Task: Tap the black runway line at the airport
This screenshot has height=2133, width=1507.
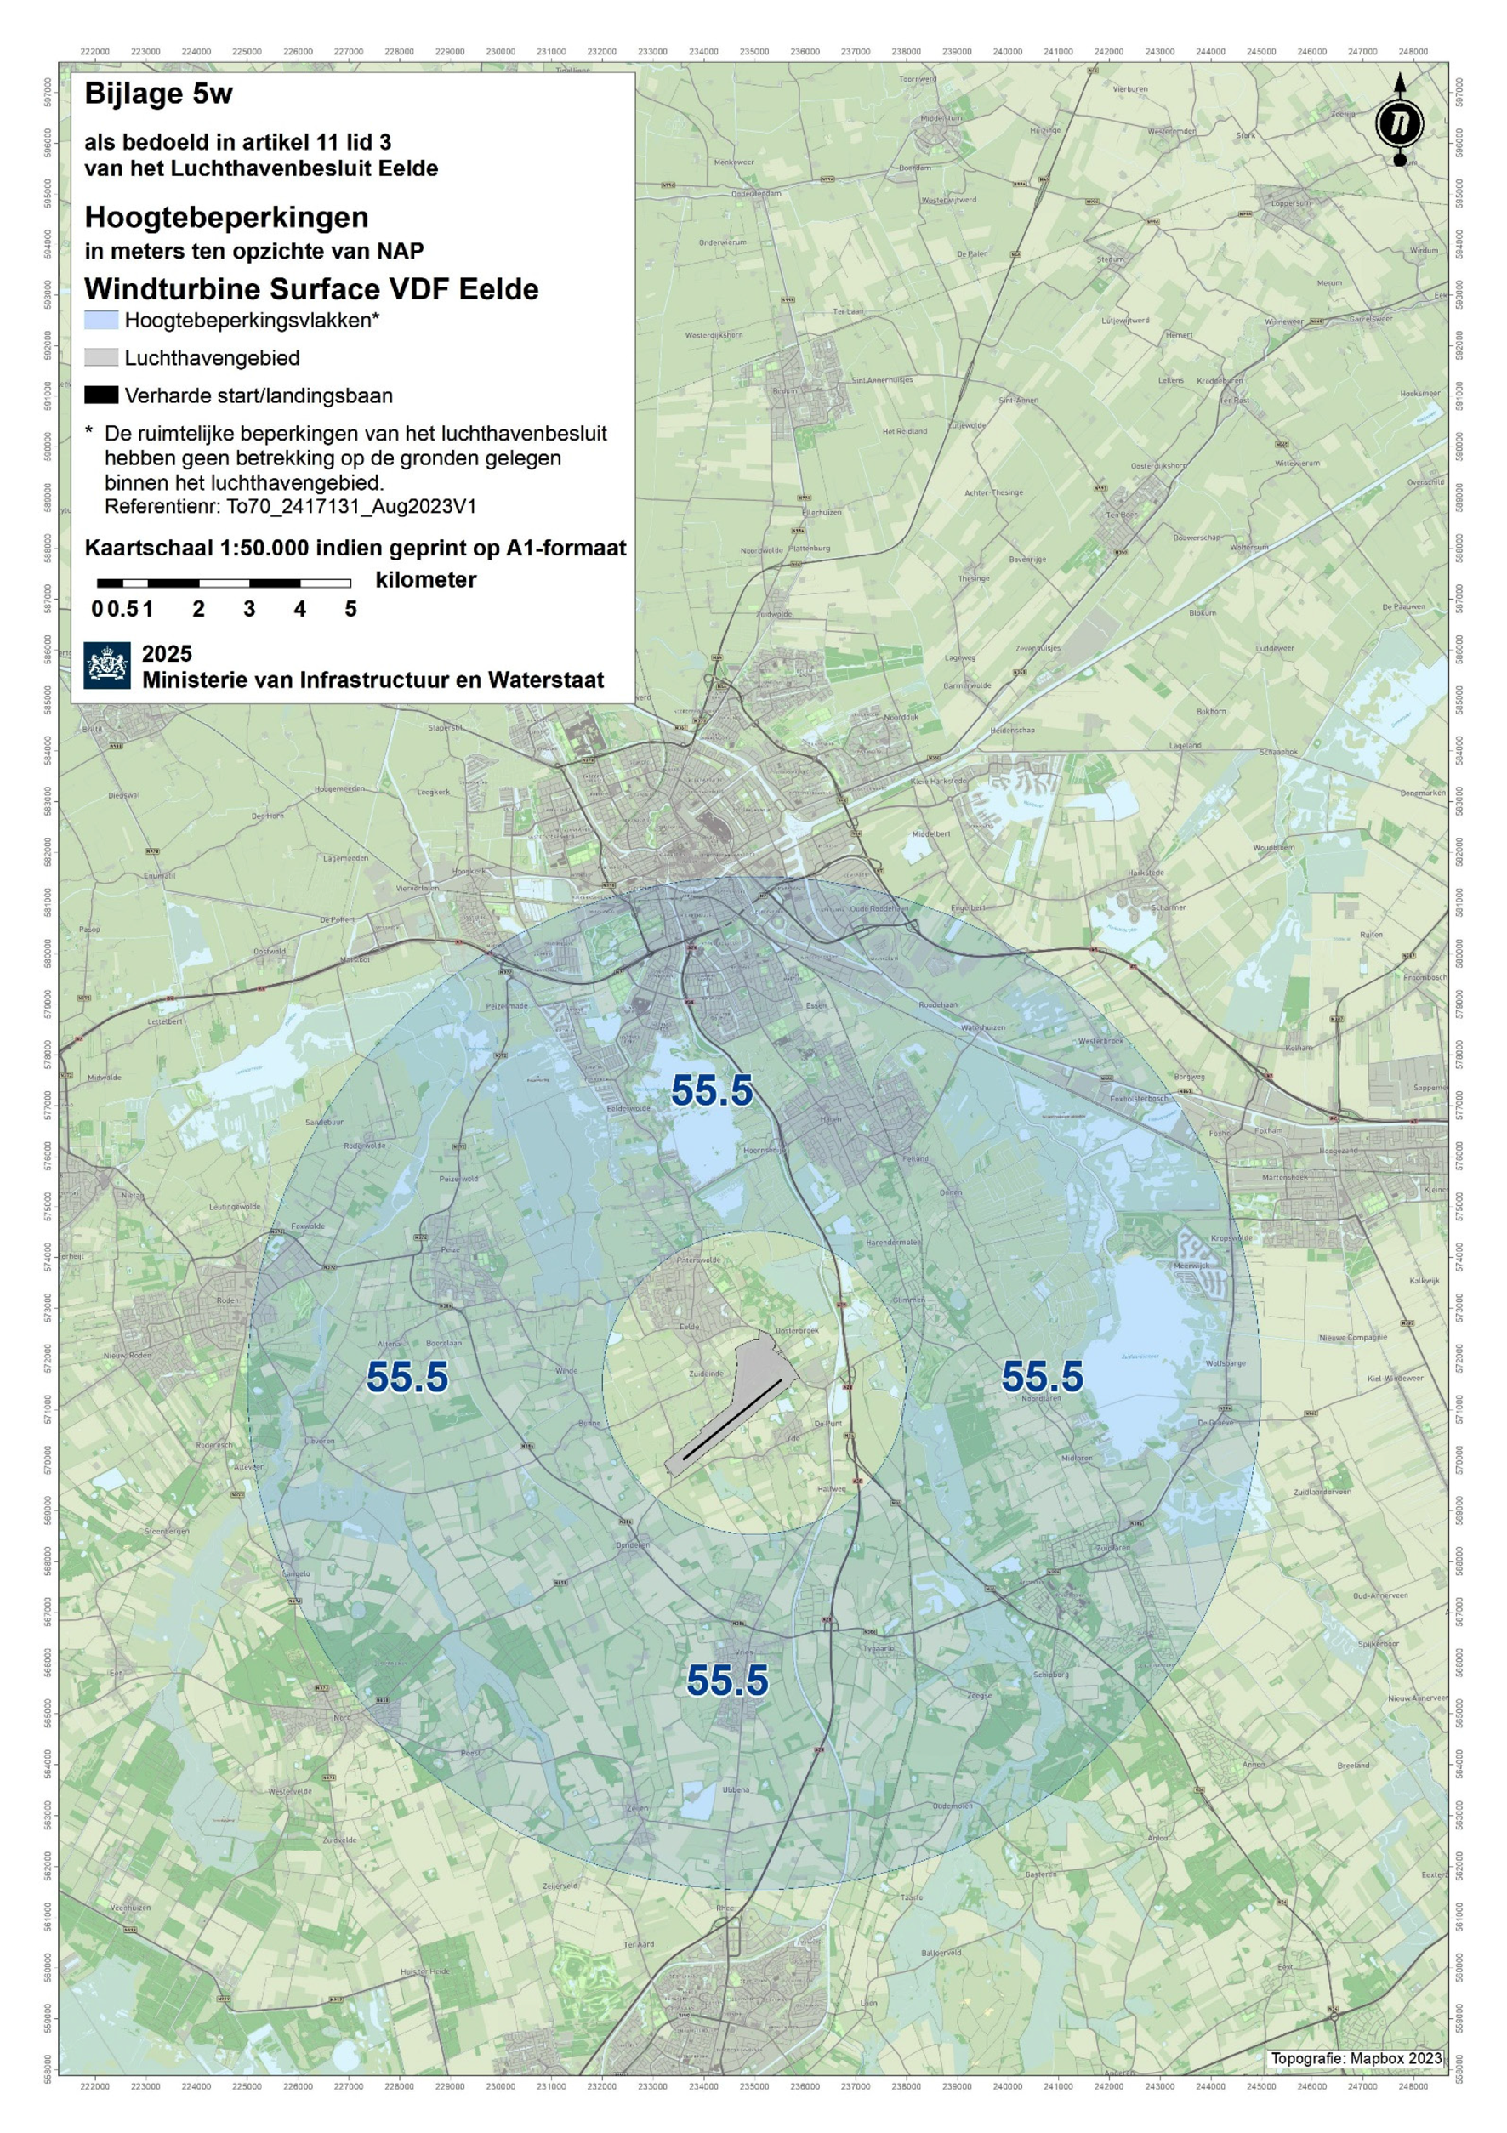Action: pos(732,1420)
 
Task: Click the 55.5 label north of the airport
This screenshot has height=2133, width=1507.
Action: pos(712,1090)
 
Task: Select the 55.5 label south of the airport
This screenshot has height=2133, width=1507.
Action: pos(726,1681)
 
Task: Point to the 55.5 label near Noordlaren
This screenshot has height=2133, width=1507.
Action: pos(1042,1377)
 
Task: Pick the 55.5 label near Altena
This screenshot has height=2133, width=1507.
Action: pos(407,1378)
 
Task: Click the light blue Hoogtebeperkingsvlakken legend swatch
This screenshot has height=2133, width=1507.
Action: pos(101,321)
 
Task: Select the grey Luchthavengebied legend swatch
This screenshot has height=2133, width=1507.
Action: pos(101,358)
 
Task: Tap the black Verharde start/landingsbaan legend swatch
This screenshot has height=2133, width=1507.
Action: pos(101,395)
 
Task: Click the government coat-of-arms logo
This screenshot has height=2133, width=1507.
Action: pos(107,665)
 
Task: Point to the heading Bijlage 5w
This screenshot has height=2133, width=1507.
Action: pos(158,94)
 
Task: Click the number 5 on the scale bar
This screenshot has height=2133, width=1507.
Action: pos(350,610)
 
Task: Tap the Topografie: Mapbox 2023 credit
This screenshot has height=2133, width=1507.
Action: pos(1356,2058)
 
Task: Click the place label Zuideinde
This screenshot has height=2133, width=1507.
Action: pos(705,1373)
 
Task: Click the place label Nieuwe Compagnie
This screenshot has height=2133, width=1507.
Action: pos(1353,1338)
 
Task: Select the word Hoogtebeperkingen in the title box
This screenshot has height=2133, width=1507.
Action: pos(227,218)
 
